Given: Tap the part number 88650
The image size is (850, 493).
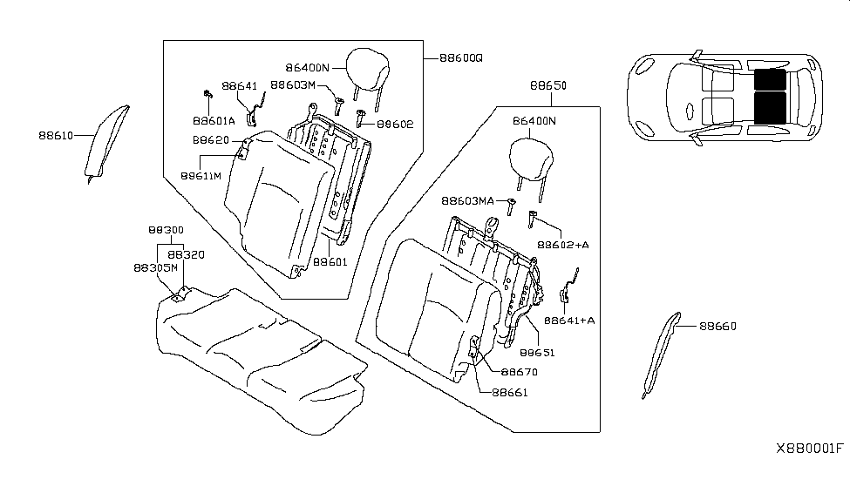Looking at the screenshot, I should coord(547,88).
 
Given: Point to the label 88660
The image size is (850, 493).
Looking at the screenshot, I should coord(717,327).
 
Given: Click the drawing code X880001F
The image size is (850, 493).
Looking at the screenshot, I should coord(810,449).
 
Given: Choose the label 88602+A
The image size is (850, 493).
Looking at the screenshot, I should coord(563,246).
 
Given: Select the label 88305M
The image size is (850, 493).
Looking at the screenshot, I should coord(156,269).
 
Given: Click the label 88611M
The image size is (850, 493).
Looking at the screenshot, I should coord(201,174).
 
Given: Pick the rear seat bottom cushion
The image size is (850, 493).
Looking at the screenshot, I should coord(257,357).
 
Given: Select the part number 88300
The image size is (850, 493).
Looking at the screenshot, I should coord(165,230).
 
